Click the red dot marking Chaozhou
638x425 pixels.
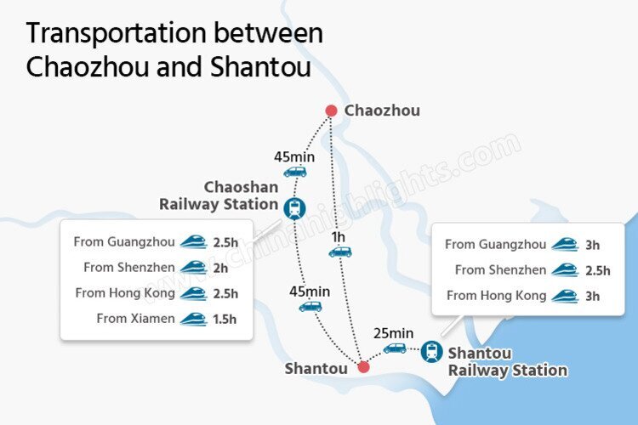[x=332, y=110]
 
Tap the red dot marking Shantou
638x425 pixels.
[x=363, y=367]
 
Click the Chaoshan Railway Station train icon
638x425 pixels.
[x=295, y=205]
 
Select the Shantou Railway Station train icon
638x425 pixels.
[x=431, y=350]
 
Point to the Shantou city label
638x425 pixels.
[x=316, y=368]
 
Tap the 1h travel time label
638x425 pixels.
[x=339, y=236]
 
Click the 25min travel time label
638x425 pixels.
[x=394, y=332]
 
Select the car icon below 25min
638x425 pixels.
[x=395, y=347]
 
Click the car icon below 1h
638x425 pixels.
[x=339, y=252]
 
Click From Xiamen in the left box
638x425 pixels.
[x=135, y=319]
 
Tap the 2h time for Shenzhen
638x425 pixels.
[x=219, y=268]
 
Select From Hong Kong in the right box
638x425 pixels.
[x=493, y=296]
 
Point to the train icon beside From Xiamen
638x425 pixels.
[x=193, y=319]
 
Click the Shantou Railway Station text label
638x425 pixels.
[x=507, y=361]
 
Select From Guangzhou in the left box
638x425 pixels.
[x=125, y=242]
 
